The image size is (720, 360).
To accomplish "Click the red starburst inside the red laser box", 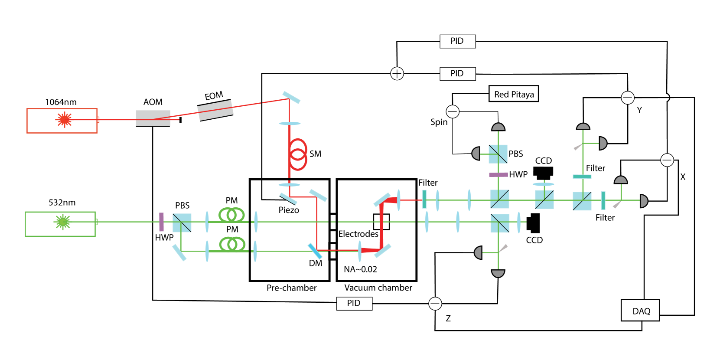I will (x=65, y=119).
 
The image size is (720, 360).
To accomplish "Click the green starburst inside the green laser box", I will (x=63, y=222).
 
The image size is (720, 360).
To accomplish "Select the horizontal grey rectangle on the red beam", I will (x=153, y=118).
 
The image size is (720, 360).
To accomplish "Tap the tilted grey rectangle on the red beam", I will (x=215, y=110).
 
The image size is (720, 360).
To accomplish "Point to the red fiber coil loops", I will (x=298, y=154).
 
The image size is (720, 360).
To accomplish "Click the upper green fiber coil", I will (x=232, y=215).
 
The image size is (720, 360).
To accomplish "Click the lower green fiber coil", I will (x=232, y=244).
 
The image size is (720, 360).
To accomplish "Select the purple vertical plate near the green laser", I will (x=161, y=222).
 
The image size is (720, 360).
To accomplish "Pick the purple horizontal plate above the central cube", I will (x=498, y=175).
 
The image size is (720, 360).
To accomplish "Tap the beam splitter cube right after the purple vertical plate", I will (x=182, y=223).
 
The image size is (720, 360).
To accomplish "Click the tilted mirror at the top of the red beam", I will (x=291, y=97).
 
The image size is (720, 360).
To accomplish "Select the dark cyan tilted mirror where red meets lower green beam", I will (x=315, y=251).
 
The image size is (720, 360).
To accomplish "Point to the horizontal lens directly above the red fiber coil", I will (x=290, y=124).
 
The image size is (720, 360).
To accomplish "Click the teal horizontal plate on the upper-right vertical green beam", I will (x=582, y=177).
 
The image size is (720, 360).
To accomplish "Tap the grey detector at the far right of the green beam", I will (x=644, y=201).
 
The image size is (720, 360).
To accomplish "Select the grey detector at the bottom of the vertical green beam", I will (x=498, y=273).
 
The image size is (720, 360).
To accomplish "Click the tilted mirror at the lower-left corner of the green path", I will (x=179, y=252).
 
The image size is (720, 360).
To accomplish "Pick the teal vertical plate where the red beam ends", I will (x=424, y=199).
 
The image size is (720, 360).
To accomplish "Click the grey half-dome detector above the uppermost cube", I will (x=498, y=127).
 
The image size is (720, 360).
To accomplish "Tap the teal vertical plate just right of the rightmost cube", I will (x=603, y=200).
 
